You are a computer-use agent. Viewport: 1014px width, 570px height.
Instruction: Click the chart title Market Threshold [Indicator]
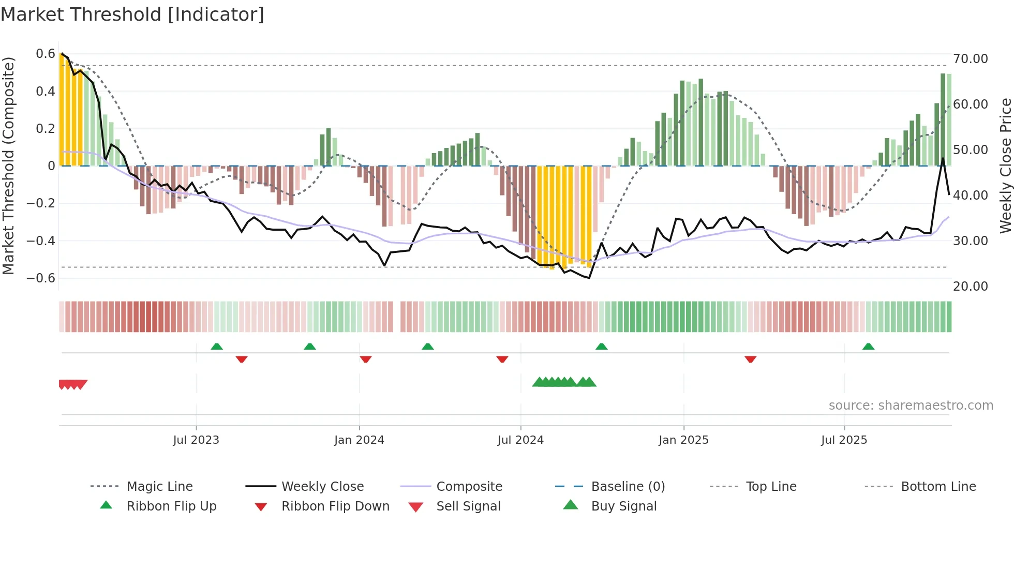132,14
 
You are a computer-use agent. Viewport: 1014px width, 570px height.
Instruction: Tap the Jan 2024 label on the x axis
359,440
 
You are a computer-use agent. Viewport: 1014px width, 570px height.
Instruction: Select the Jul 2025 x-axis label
844,440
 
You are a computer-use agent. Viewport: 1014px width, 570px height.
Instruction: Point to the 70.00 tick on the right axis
970,59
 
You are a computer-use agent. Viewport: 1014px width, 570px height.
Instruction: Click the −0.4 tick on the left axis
41,241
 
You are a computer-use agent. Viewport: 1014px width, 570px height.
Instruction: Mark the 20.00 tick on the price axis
970,287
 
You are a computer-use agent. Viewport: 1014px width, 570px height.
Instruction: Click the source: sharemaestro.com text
911,406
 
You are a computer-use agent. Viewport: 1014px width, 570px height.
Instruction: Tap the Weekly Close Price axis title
1005,166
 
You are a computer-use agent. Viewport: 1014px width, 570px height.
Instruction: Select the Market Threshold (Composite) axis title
8,166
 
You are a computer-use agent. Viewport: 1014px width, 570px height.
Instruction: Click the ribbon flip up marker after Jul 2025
868,347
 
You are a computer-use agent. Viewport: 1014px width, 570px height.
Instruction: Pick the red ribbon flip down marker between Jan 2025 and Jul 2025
750,359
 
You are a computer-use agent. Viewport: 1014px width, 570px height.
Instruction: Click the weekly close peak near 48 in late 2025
943,158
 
